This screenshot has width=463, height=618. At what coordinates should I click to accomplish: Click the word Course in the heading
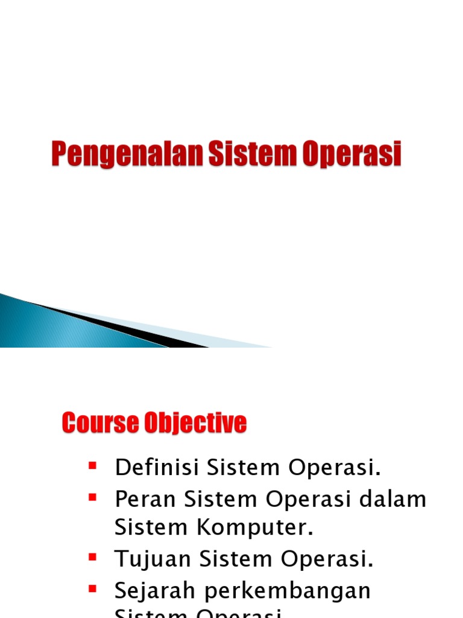(96, 423)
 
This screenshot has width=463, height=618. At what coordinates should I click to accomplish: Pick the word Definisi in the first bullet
(157, 467)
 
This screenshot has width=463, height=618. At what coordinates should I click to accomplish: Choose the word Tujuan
(153, 559)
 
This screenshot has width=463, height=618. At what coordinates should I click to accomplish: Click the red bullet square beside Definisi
(92, 465)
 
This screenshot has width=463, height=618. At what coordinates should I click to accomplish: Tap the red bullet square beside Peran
(92, 497)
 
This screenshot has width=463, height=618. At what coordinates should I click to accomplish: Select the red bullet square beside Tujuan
(92, 557)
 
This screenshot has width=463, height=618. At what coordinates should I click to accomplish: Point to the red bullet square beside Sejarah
(92, 588)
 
